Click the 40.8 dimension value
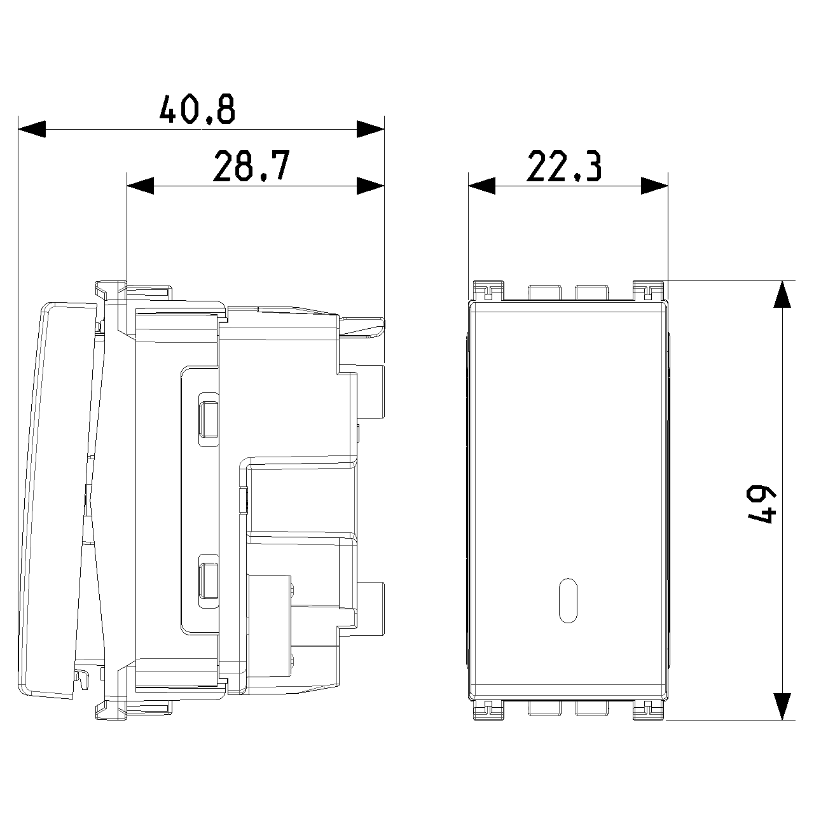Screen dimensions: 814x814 (197, 109)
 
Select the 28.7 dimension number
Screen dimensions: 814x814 (251, 166)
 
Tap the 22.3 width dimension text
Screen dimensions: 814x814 (563, 166)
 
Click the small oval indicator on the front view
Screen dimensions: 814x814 (568, 600)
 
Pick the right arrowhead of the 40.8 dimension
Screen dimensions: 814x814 (371, 129)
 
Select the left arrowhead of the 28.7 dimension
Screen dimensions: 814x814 (141, 186)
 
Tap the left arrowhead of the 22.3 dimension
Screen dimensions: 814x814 (481, 186)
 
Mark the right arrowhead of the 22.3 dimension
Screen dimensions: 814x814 (654, 186)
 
